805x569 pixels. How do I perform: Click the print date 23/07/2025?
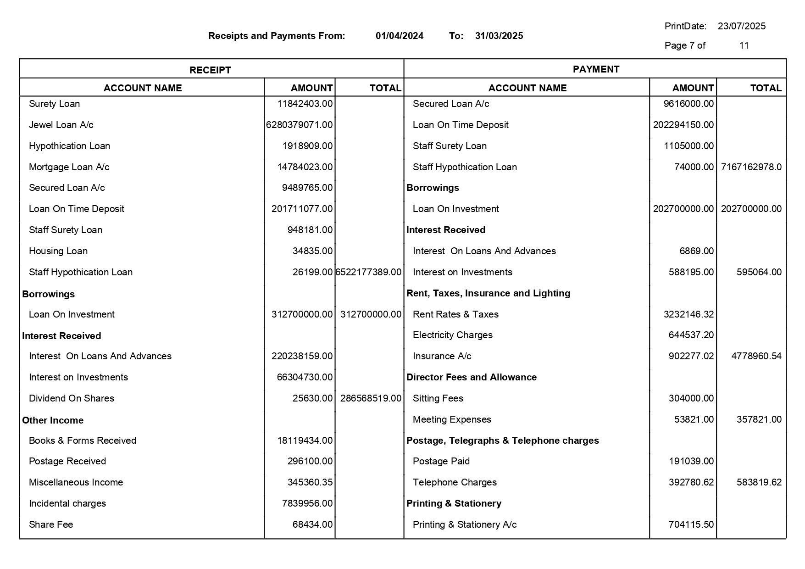(741, 26)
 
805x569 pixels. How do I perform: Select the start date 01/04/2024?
(399, 36)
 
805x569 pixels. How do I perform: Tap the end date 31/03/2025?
(499, 36)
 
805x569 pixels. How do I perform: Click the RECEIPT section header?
(210, 70)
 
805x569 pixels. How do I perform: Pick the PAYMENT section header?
(595, 69)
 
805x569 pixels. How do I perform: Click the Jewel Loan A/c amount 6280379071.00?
(300, 125)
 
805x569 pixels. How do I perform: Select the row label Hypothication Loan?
(69, 146)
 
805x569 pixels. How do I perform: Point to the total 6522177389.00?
(368, 272)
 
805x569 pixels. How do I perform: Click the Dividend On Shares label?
(72, 398)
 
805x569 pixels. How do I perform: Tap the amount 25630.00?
(312, 398)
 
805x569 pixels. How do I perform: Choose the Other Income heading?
(53, 420)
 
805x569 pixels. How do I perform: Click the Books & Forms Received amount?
(305, 441)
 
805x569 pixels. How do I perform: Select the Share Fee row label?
(51, 524)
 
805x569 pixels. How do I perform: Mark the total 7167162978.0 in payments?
(751, 167)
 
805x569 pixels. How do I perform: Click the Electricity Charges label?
(452, 335)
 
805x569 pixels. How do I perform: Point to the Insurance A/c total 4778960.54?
(756, 356)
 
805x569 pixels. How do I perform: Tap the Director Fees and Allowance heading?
(471, 377)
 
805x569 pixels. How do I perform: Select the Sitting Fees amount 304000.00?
(691, 398)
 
